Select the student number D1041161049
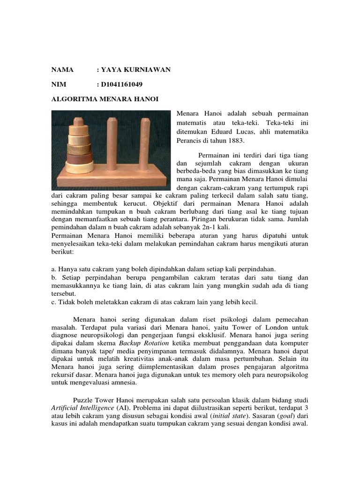click(122, 84)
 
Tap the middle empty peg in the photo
click(111, 143)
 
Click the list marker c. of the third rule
click(53, 302)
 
